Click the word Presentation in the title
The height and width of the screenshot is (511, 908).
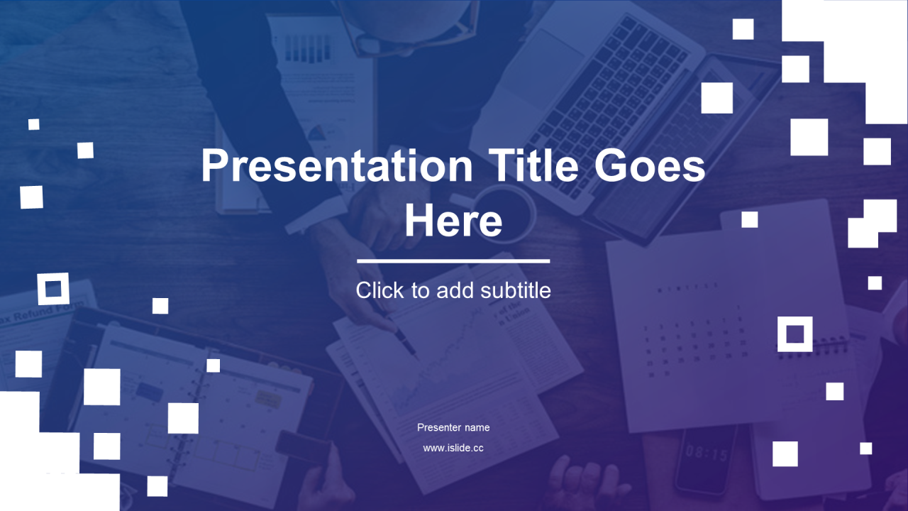point(337,165)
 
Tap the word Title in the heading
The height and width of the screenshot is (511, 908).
point(533,165)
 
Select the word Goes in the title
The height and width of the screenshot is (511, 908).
point(650,165)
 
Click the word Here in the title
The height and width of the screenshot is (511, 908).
point(453,220)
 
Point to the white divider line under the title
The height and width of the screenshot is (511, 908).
point(453,261)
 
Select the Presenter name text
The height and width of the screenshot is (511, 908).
point(453,427)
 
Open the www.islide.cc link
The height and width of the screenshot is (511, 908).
point(453,448)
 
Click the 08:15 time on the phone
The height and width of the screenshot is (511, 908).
point(705,452)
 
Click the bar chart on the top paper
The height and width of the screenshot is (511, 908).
point(308,48)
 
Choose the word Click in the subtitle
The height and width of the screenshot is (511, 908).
point(380,290)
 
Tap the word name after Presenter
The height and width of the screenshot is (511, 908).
point(477,428)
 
